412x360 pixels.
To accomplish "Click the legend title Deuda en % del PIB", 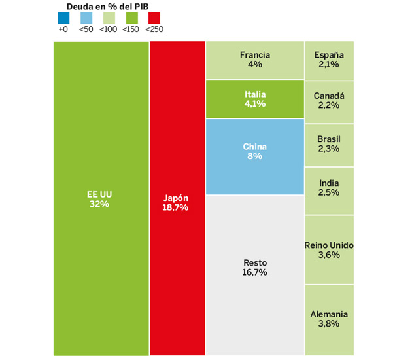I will pyautogui.click(x=109, y=6).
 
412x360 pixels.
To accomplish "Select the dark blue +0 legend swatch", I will pyautogui.click(x=63, y=18).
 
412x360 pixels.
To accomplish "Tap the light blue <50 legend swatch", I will pyautogui.click(x=86, y=18).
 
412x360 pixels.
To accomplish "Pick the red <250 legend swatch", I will pyautogui.click(x=154, y=18).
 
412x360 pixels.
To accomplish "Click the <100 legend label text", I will pyautogui.click(x=109, y=29).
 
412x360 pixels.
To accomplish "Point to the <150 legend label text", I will pyautogui.click(x=131, y=29).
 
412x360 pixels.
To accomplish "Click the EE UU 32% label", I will pyautogui.click(x=100, y=199).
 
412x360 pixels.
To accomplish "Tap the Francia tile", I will pyautogui.click(x=255, y=60).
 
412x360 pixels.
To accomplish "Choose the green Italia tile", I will pyautogui.click(x=255, y=99).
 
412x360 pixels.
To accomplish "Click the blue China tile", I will pyautogui.click(x=255, y=156).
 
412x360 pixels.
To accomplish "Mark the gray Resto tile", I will pyautogui.click(x=255, y=275).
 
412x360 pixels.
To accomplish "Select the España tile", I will pyautogui.click(x=329, y=60).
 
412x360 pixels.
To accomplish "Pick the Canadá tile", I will pyautogui.click(x=329, y=101).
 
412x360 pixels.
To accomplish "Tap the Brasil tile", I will pyautogui.click(x=329, y=144).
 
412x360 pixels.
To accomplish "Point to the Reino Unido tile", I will pyautogui.click(x=329, y=250).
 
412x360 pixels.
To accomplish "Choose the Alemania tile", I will pyautogui.click(x=329, y=319).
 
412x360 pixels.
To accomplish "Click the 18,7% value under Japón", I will pyautogui.click(x=175, y=207).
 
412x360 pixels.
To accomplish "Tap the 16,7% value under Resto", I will pyautogui.click(x=254, y=272).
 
